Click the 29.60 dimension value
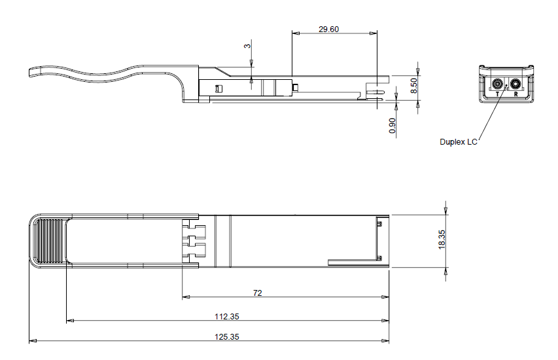click(328, 29)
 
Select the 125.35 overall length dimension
click(227, 337)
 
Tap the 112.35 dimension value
click(227, 317)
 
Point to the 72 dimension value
click(257, 293)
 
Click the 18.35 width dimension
click(442, 240)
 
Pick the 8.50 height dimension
click(413, 86)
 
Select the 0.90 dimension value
click(392, 126)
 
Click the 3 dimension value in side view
click(247, 46)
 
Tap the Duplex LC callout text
click(459, 142)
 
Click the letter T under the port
click(498, 94)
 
